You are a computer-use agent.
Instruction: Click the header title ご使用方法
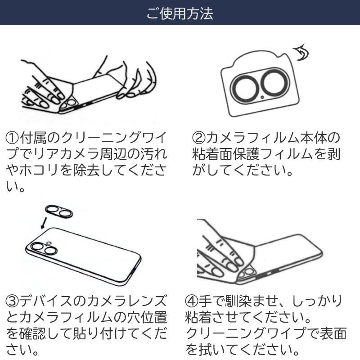pos(180,13)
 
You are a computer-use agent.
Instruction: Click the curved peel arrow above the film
pos(301,54)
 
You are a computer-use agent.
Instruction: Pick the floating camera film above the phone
pos(59,211)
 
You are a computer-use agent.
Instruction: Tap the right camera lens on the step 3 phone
pos(49,250)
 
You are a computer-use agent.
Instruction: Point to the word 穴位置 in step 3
pos(146,318)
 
